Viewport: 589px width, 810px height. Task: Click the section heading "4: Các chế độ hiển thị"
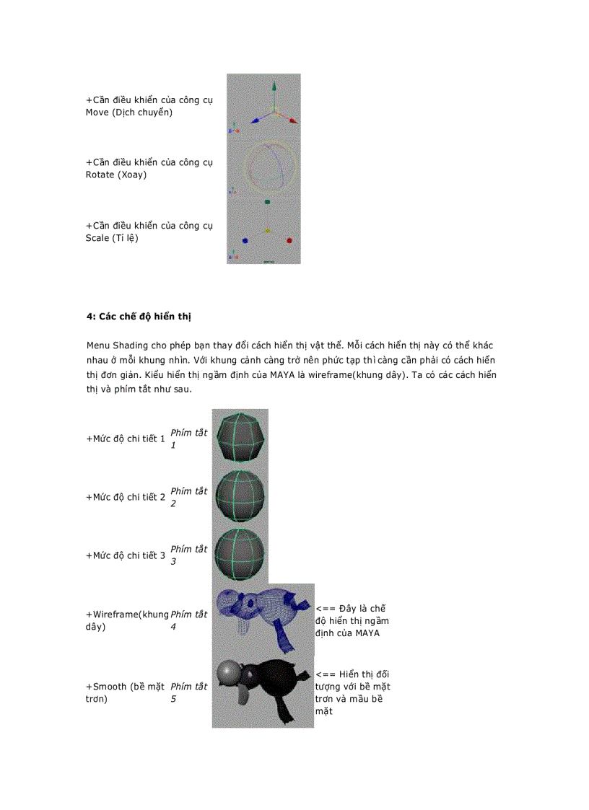(138, 317)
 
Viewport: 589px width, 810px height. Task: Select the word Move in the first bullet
(97, 113)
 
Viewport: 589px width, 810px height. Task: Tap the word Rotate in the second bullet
(100, 175)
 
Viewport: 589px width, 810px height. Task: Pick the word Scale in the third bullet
(97, 238)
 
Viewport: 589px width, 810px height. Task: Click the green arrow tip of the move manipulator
(274, 87)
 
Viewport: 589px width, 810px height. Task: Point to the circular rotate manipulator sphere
(266, 164)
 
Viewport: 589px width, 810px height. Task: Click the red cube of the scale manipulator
(289, 240)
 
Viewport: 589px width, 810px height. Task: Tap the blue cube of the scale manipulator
(245, 240)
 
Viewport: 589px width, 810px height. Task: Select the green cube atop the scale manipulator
(267, 203)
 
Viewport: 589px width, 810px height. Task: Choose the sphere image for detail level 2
(240, 496)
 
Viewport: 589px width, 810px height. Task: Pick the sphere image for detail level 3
(240, 554)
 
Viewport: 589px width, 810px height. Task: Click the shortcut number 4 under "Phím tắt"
(173, 627)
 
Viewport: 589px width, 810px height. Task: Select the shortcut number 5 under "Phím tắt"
(173, 699)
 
